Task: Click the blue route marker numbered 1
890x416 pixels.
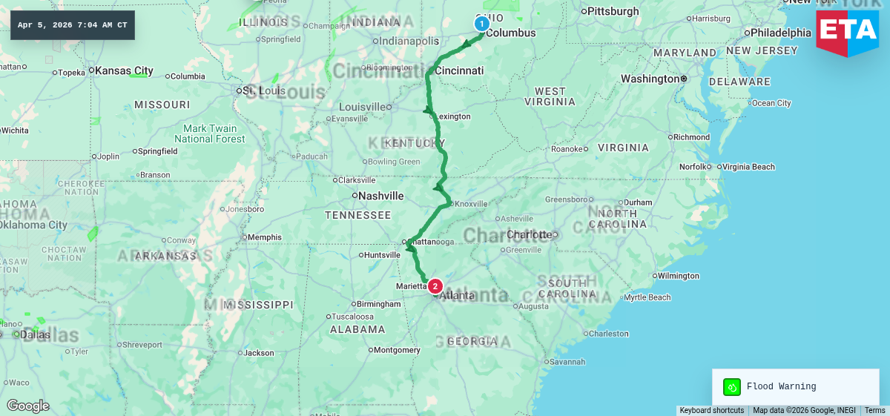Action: click(481, 24)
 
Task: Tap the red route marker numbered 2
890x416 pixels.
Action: click(435, 286)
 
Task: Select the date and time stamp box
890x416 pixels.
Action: click(73, 25)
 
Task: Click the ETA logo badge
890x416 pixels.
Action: click(847, 32)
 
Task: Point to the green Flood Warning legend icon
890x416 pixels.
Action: click(732, 386)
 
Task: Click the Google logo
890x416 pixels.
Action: click(27, 406)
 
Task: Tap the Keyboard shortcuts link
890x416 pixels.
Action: click(711, 410)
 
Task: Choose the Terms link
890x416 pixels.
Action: click(874, 410)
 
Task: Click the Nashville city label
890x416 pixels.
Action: click(380, 196)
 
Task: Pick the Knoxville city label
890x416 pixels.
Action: click(472, 204)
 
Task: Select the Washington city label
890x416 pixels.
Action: click(650, 79)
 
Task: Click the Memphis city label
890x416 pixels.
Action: click(265, 237)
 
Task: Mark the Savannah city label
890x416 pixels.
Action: click(567, 362)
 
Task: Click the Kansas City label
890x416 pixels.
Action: click(124, 71)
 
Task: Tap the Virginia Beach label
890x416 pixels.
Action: click(748, 167)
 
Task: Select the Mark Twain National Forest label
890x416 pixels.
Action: click(209, 133)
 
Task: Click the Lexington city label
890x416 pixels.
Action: click(454, 116)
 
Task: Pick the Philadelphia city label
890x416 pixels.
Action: click(781, 33)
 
